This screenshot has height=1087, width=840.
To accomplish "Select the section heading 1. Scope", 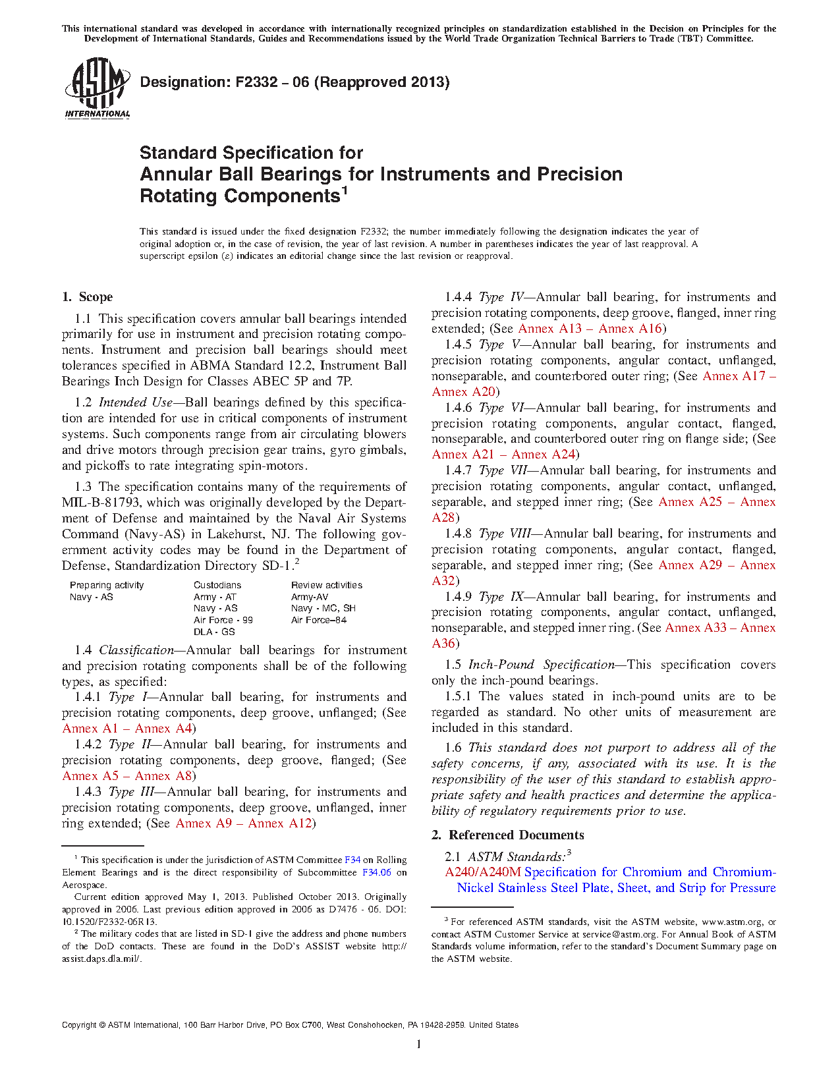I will click(x=88, y=297).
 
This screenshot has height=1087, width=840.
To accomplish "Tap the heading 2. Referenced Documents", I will click(x=508, y=835).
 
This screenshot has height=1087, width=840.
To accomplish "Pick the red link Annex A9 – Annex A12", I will click(x=244, y=823).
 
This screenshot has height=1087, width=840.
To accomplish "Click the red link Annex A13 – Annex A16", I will click(x=590, y=329).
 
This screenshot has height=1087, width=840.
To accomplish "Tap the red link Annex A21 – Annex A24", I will click(x=504, y=455).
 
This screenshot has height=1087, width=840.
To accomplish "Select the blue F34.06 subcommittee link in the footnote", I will click(x=377, y=872).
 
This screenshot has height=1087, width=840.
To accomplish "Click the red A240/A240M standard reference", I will click(x=483, y=872).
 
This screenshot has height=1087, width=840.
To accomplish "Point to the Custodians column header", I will click(x=217, y=585).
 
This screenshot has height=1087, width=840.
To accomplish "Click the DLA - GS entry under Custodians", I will click(x=214, y=632).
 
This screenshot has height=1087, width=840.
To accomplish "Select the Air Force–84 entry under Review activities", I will click(x=319, y=620).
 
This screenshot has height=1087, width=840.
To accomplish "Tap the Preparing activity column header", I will click(x=107, y=585).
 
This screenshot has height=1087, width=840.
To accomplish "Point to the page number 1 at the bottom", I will click(x=419, y=1044).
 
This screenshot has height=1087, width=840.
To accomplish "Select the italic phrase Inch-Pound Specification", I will click(x=541, y=665).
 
